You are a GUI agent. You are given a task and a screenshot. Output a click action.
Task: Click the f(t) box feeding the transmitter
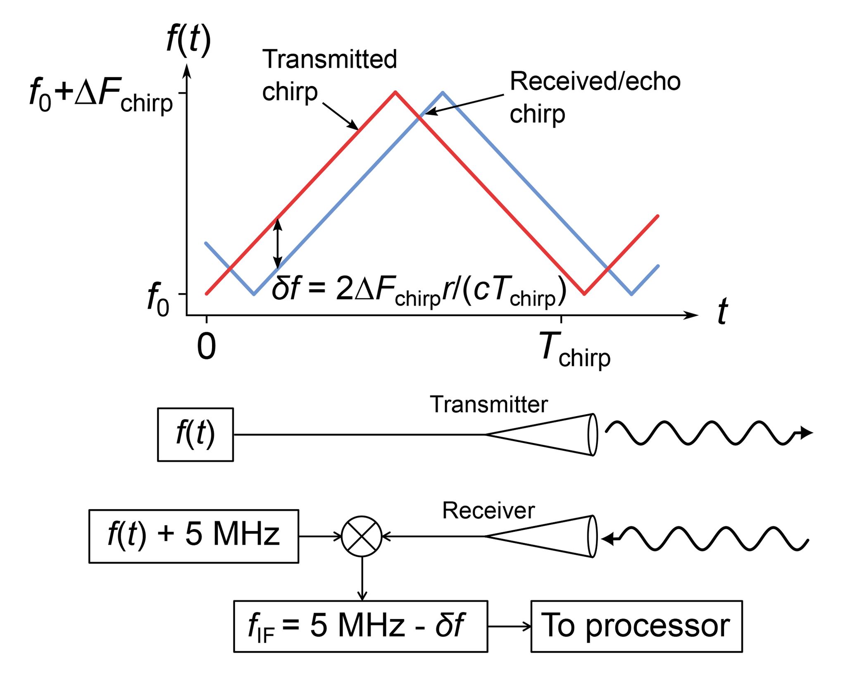point(195,434)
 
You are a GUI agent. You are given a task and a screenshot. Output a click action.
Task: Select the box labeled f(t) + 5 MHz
point(193,536)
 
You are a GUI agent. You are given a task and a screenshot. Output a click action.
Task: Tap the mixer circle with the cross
point(362,536)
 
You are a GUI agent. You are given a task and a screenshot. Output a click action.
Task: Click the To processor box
point(636,626)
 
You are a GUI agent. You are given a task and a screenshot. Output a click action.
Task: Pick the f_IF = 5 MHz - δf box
point(360,626)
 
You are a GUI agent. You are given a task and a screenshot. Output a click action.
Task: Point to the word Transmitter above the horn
point(488,404)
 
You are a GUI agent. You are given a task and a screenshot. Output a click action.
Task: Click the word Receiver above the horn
point(488,510)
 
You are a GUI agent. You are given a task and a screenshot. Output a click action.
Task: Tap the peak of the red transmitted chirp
point(395,92)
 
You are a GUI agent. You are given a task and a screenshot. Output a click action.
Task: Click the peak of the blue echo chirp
point(443,93)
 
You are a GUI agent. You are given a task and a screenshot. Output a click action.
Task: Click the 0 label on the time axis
point(206,346)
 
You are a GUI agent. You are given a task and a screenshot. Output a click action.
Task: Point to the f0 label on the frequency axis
point(158,299)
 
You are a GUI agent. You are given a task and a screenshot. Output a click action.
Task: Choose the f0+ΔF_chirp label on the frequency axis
point(101,95)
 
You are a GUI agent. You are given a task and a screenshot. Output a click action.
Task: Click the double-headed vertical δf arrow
point(278,244)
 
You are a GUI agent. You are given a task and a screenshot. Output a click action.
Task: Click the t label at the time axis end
point(722,311)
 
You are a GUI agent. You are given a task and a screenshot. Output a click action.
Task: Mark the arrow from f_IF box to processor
point(509,627)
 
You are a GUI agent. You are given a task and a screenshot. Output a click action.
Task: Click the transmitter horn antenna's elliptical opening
point(593,434)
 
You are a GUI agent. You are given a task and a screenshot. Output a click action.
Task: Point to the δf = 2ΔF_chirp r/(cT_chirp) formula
point(418,289)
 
